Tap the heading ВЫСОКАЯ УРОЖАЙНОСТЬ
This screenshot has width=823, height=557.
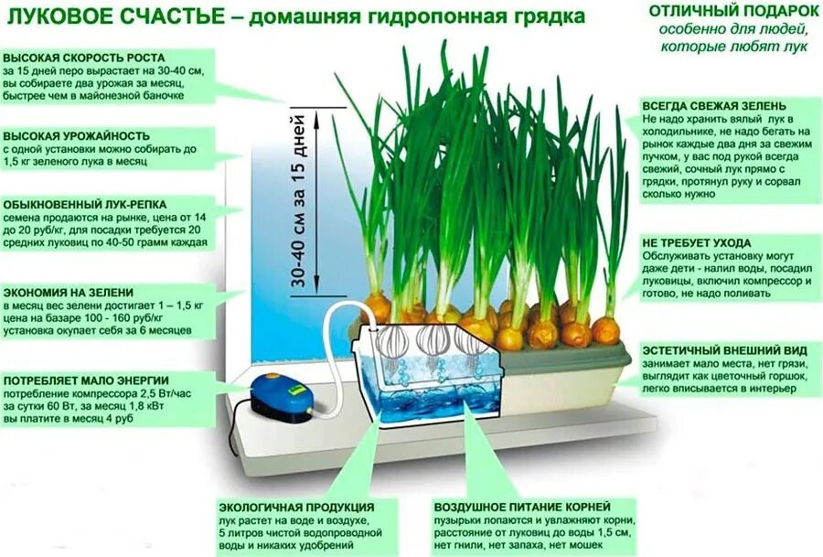69,134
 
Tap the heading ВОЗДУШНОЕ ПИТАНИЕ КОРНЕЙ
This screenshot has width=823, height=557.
521,507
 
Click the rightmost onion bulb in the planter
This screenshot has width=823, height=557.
604,328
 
